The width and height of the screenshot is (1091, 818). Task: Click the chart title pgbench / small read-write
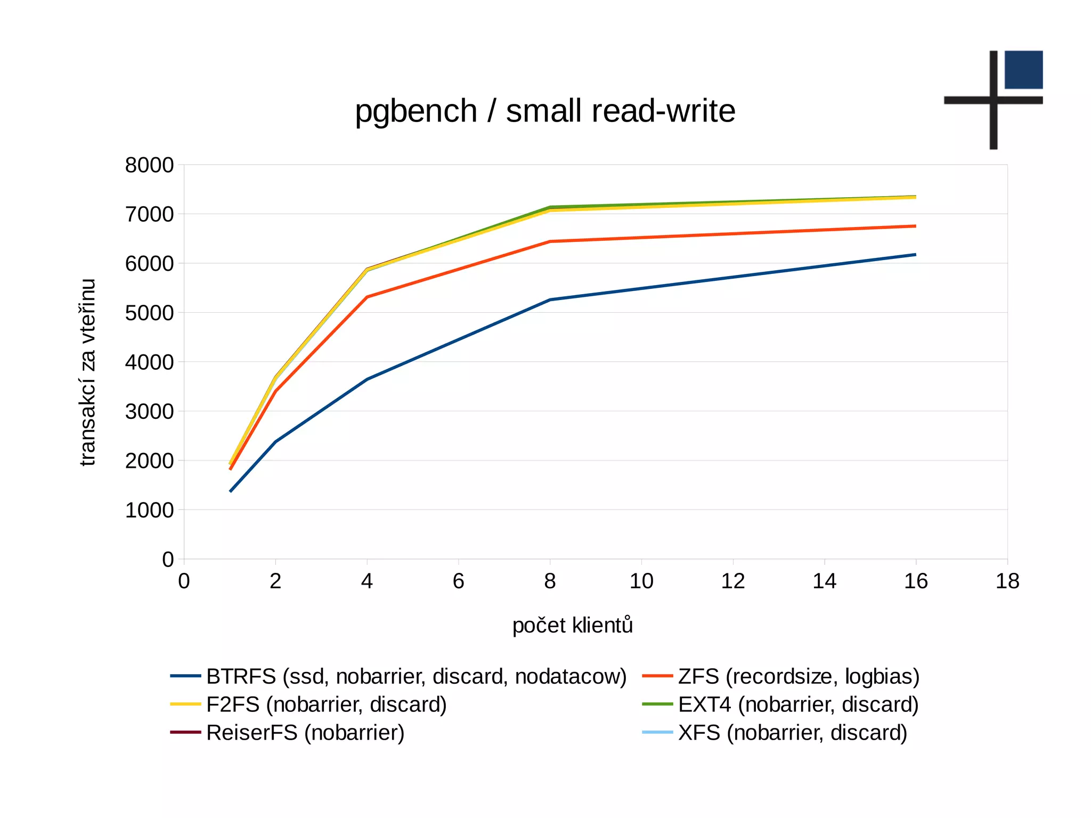pos(545,111)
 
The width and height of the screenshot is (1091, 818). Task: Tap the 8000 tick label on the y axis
pos(149,165)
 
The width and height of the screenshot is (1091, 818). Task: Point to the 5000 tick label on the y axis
pos(149,313)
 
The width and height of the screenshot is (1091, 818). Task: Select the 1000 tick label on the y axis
pos(149,510)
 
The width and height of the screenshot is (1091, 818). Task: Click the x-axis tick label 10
pos(641,581)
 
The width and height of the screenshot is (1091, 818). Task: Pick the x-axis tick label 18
pos(1007,581)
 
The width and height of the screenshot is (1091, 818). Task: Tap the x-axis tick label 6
pos(458,581)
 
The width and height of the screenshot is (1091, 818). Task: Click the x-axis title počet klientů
pos(573,625)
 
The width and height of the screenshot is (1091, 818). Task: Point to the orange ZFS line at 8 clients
pos(550,241)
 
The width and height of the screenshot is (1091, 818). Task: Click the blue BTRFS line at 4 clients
pos(367,379)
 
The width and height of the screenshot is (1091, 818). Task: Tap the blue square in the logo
pos(1023,70)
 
